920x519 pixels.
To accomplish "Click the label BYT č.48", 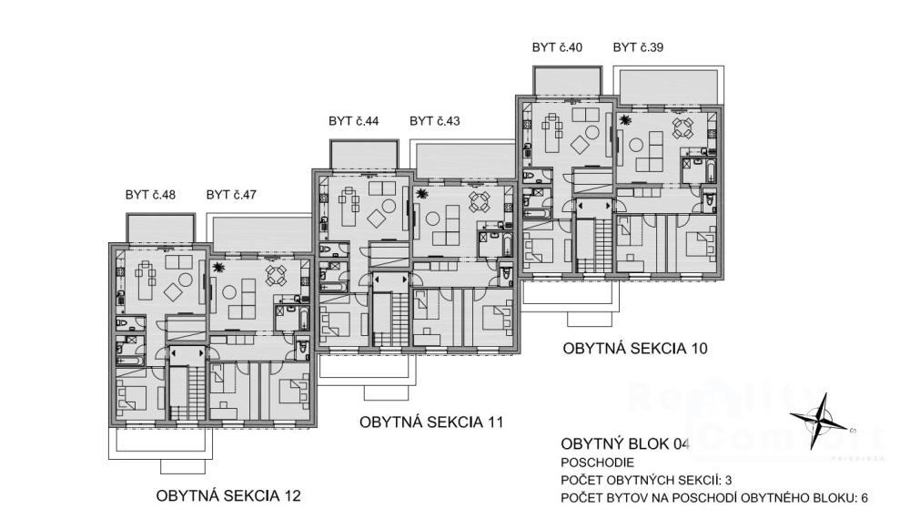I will coord(150,195).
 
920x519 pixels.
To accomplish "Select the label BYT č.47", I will coord(231,195).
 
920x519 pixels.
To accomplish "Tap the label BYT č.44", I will coord(354,121).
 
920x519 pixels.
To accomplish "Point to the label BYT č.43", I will coord(435,121).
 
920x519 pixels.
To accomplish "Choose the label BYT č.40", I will coord(557,47).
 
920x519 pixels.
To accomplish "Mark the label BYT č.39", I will coord(638,47).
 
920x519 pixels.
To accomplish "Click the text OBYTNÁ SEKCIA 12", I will coord(227,496).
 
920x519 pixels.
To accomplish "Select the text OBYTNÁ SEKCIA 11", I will coord(430,422).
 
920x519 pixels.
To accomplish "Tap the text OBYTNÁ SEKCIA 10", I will coord(634,348).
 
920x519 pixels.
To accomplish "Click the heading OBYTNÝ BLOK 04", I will coord(625,444).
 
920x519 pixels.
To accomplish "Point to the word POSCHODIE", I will coord(598,463).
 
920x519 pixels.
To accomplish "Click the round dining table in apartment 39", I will coord(682,127).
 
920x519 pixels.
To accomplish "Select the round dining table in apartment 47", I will coord(275,274).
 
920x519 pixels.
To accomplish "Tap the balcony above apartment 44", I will coord(364,153).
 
